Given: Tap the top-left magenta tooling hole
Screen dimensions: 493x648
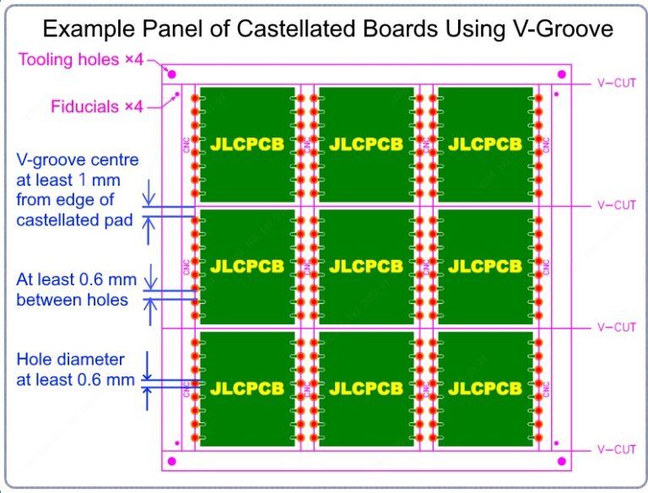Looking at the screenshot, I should pyautogui.click(x=172, y=74).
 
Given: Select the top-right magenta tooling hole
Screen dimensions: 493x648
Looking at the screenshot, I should pyautogui.click(x=560, y=74).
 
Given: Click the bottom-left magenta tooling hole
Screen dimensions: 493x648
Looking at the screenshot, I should pyautogui.click(x=172, y=462).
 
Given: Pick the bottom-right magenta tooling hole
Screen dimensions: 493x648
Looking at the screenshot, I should pyautogui.click(x=560, y=462).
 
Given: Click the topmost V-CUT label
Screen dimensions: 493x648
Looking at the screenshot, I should pyautogui.click(x=616, y=84).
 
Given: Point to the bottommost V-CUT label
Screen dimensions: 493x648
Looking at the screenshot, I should pyautogui.click(x=616, y=449).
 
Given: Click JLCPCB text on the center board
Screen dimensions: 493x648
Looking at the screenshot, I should pyautogui.click(x=366, y=267).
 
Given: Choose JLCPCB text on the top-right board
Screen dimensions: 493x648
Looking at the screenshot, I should pyautogui.click(x=485, y=144).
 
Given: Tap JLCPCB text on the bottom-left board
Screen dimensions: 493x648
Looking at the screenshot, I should pyautogui.click(x=247, y=389).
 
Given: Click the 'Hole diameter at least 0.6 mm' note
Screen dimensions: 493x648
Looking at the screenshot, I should pyautogui.click(x=75, y=370).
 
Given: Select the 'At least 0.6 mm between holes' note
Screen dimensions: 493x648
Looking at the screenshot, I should pyautogui.click(x=73, y=289).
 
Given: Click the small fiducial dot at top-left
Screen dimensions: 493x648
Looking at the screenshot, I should pyautogui.click(x=176, y=95).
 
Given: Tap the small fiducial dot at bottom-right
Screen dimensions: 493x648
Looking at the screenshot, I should pyautogui.click(x=553, y=442).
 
